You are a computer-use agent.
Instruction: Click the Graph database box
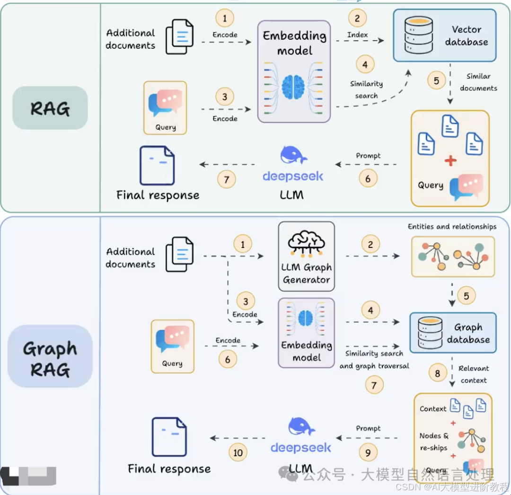point(453,333)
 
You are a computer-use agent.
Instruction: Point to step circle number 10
point(238,452)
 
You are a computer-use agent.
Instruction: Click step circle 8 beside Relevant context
point(437,374)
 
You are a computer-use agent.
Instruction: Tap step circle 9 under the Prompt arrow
point(368,452)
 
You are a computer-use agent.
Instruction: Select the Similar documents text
point(478,82)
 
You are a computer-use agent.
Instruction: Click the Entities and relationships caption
point(452,227)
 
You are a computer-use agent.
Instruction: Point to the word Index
point(357,35)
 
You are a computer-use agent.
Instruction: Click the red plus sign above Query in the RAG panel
point(450,161)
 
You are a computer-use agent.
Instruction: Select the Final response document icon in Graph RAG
point(169,436)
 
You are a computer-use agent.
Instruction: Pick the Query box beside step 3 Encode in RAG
point(166,108)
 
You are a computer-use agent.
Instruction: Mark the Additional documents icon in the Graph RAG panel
point(179,254)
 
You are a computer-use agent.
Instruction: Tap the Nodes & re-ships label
point(434,442)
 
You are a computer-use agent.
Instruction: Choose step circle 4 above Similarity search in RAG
point(364,64)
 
